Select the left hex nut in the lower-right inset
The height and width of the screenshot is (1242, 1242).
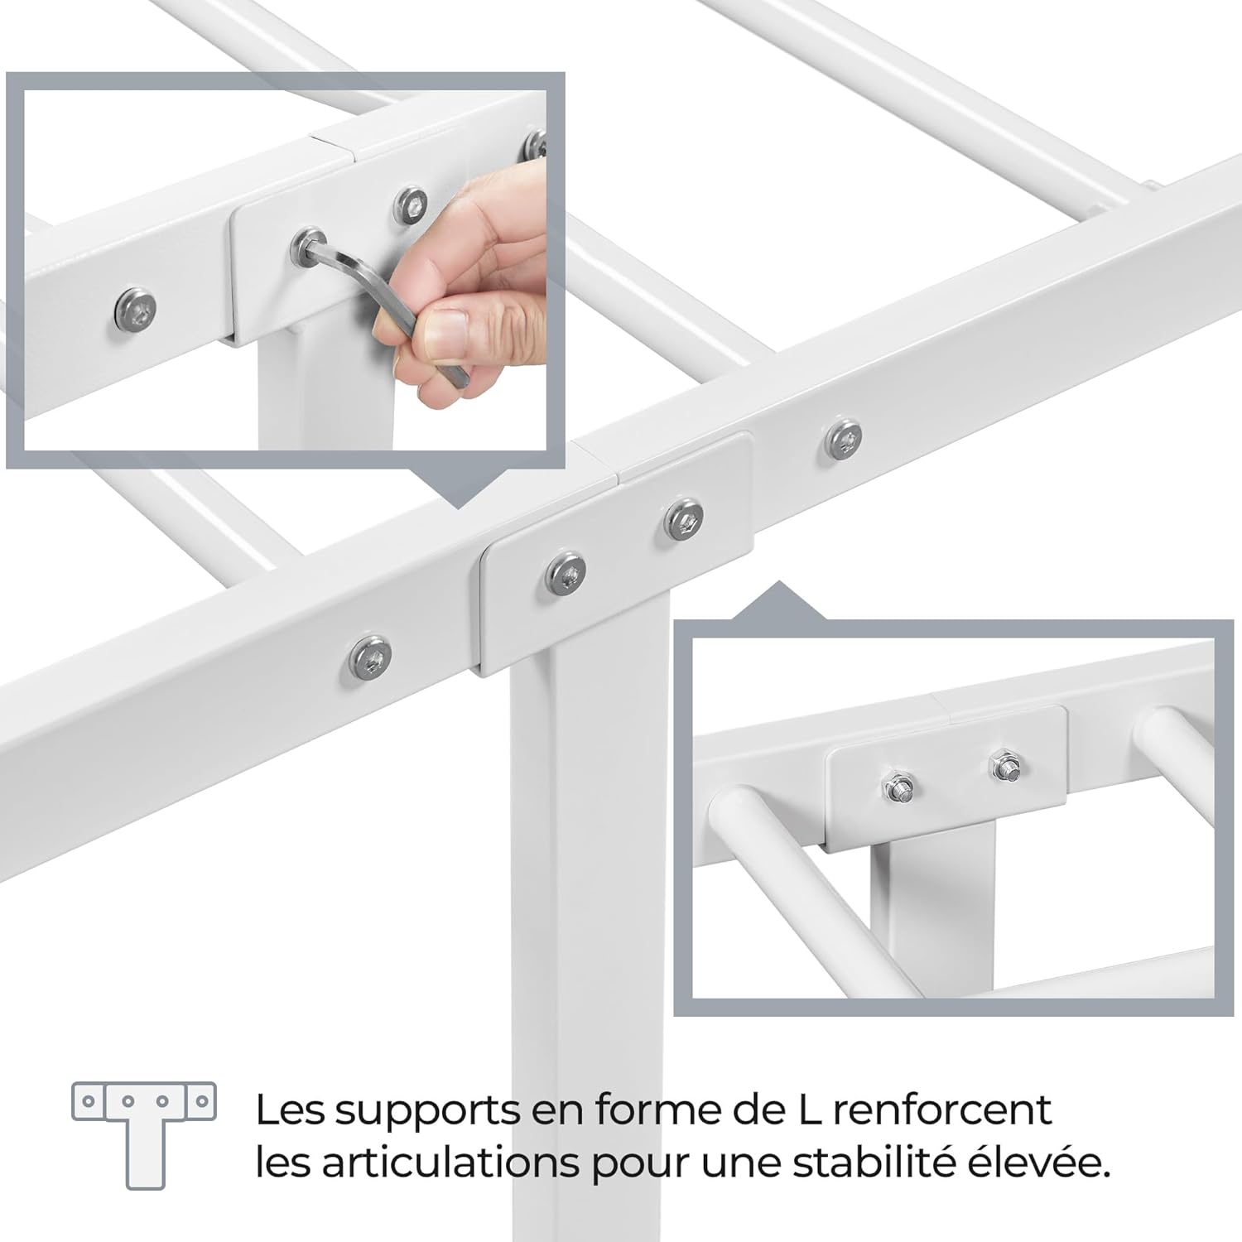(x=898, y=787)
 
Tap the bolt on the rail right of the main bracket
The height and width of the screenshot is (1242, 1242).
(x=844, y=438)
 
